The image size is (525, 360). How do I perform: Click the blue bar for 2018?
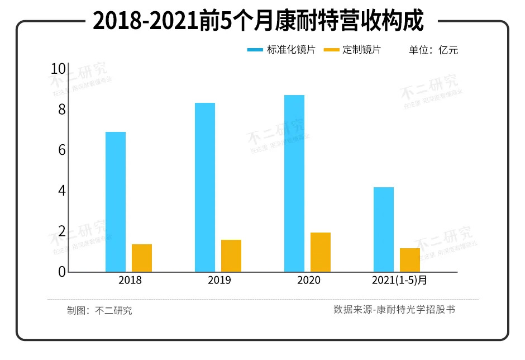pyautogui.click(x=116, y=202)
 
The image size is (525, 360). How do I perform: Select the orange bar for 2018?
pyautogui.click(x=142, y=258)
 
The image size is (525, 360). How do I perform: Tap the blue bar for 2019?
pyautogui.click(x=205, y=187)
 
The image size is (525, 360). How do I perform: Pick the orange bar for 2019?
pyautogui.click(x=231, y=255)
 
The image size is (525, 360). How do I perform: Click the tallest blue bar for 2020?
pyautogui.click(x=294, y=183)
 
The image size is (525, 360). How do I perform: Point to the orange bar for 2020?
pyautogui.click(x=321, y=252)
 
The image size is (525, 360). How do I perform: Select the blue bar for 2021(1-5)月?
pyautogui.click(x=384, y=229)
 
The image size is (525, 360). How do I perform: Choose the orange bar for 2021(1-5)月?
pyautogui.click(x=410, y=260)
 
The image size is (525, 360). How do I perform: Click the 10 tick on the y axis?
pyautogui.click(x=58, y=69)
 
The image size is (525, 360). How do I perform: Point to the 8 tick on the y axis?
pyautogui.click(x=61, y=110)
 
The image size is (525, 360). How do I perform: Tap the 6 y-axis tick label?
pyautogui.click(x=61, y=150)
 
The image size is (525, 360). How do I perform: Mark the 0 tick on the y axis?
pyautogui.click(x=61, y=272)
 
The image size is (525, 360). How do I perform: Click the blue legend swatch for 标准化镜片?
pyautogui.click(x=255, y=50)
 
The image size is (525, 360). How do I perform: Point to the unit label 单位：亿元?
pyautogui.click(x=433, y=50)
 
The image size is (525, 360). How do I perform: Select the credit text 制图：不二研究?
pyautogui.click(x=99, y=311)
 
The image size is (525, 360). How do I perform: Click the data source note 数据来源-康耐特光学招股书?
pyautogui.click(x=394, y=310)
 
